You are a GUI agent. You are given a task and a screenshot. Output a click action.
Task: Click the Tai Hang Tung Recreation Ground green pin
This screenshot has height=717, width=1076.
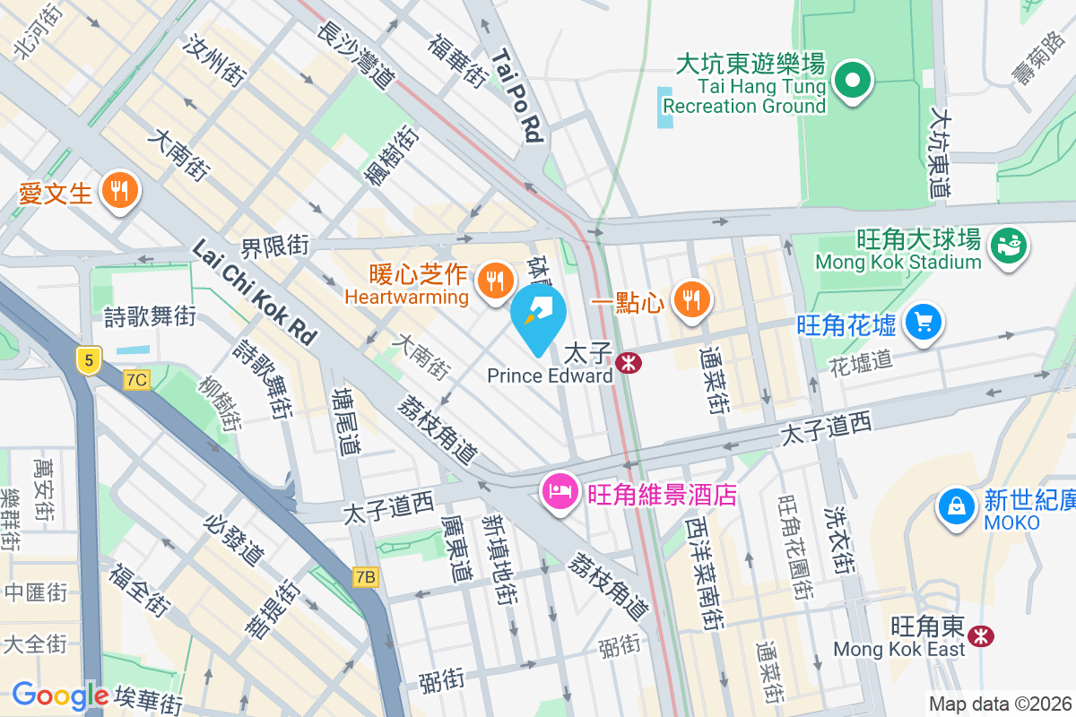[x=852, y=82]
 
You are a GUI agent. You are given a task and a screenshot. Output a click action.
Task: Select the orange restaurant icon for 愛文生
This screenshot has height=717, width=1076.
[x=118, y=191]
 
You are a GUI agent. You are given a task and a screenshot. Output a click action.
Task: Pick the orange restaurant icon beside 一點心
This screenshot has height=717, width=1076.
[x=690, y=300]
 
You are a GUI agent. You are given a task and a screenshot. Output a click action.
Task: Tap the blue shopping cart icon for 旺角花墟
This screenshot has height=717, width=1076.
[x=924, y=322]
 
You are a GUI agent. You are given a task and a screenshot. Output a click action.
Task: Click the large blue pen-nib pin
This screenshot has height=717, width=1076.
[x=538, y=317]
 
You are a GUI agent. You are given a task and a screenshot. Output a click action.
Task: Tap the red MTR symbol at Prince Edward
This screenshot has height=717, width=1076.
[x=629, y=363]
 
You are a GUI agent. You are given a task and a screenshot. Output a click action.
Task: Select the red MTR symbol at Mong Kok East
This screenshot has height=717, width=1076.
[x=982, y=635]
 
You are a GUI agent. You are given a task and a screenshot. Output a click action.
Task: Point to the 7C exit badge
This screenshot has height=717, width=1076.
[x=136, y=380]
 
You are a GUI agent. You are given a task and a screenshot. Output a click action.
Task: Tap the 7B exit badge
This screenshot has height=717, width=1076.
[x=365, y=577]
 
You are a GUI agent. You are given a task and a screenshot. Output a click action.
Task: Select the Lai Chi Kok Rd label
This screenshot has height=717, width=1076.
[x=255, y=292]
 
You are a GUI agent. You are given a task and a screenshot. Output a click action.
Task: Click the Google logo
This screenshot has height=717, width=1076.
[x=60, y=695]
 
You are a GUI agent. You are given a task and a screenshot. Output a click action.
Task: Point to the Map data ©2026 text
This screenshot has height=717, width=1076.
[x=999, y=704]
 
